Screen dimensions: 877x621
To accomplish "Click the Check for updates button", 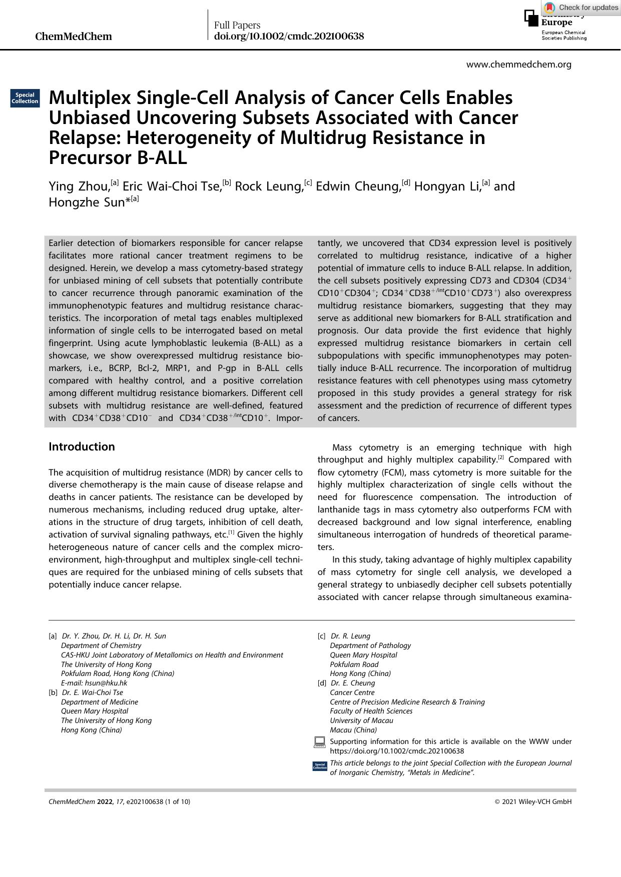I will tap(581, 7).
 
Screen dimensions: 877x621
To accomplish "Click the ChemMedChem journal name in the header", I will tap(74, 36).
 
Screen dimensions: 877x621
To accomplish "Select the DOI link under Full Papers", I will tap(289, 36).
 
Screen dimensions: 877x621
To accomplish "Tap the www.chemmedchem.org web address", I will tap(518, 64).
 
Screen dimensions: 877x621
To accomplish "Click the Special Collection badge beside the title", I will tap(25, 98).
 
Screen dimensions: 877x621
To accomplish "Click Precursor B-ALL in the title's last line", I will tap(118, 157).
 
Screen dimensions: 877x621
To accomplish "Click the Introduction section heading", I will tap(82, 446).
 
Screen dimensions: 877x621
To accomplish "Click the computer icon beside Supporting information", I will tap(319, 742).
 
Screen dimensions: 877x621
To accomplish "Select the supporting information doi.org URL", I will tap(397, 751).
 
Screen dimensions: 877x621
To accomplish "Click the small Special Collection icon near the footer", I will tap(320, 766).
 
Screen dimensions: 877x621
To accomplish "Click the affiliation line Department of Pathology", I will tap(370, 645).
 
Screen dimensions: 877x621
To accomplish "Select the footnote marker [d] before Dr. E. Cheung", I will tap(322, 683).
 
